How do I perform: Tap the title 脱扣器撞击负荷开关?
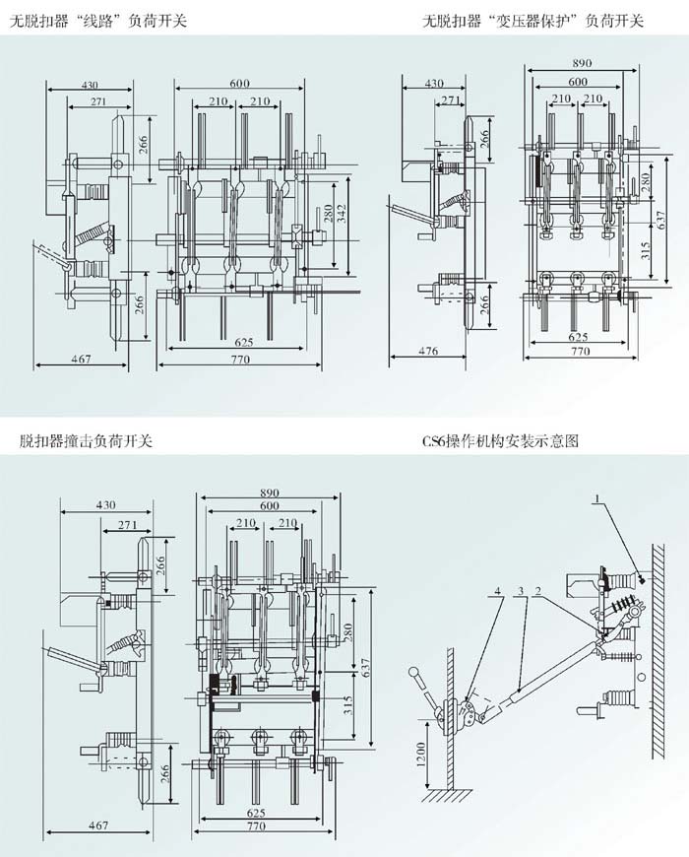(x=86, y=440)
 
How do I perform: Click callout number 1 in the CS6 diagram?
(x=595, y=503)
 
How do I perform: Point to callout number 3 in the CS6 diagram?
(x=521, y=592)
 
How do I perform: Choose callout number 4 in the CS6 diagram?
(x=499, y=592)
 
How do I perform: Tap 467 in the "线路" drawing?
(x=81, y=361)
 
